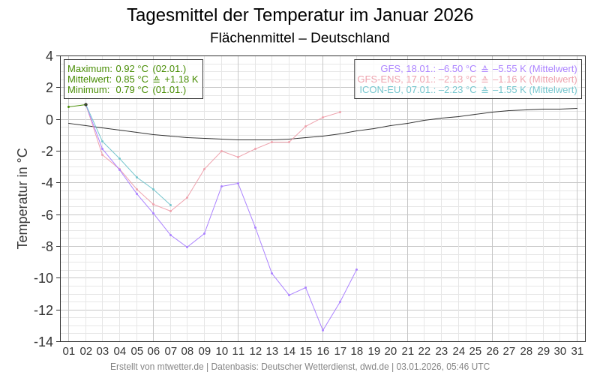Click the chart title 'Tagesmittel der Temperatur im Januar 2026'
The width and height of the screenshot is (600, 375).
pos(300,15)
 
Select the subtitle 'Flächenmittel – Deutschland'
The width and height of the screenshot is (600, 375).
pos(300,37)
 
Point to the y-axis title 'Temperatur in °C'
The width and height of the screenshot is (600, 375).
pos(22,198)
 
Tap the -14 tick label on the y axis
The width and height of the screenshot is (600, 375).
pos(43,342)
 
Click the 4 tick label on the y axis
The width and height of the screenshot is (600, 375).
pos(49,56)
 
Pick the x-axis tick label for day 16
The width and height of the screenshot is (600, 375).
pos(323,351)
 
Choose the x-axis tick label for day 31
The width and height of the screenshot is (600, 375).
pos(577,351)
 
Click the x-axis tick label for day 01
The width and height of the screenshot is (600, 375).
pos(69,351)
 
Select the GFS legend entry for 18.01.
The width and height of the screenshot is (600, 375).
pos(478,68)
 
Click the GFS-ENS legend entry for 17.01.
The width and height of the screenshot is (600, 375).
pos(467,79)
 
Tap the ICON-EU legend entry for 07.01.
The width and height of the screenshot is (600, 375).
pos(468,89)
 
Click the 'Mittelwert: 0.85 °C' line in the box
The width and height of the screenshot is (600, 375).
pos(133,79)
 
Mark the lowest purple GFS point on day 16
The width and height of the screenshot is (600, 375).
pos(323,330)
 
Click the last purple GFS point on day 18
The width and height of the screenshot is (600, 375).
pos(357,269)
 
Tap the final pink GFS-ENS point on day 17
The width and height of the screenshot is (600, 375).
pos(340,112)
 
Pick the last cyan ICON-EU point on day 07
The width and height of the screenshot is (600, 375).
pos(170,205)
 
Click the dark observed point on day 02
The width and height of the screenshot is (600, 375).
pos(85,105)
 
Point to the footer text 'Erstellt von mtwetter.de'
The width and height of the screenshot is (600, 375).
pos(157,367)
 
